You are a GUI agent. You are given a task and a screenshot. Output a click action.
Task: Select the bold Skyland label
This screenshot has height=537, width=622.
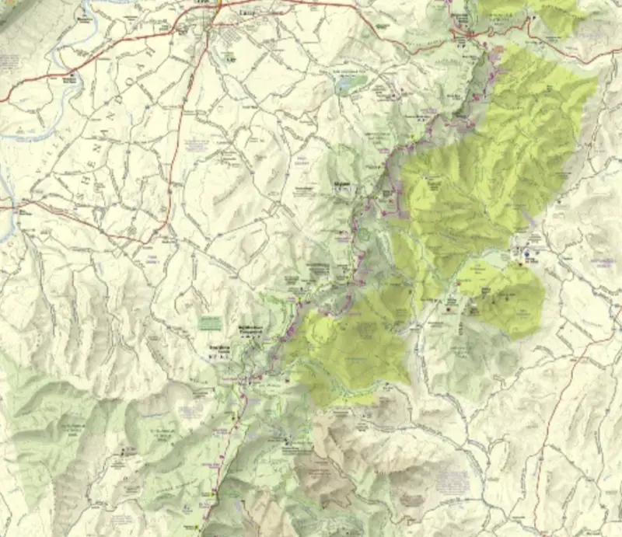coord(342,185)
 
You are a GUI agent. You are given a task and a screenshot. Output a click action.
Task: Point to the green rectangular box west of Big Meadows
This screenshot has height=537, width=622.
coord(210,322)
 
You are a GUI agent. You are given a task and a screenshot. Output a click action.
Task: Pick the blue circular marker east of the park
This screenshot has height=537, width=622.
coord(526,253)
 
